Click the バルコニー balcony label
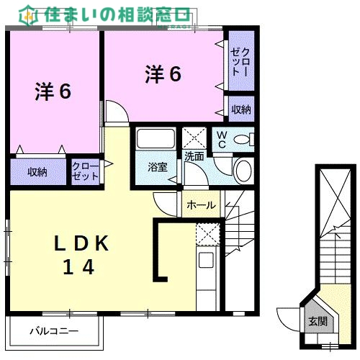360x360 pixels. coord(53,332)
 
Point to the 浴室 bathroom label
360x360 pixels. coord(158,167)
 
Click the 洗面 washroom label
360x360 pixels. coord(193,156)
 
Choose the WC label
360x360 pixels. coord(221,139)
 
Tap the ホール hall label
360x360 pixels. coord(201,205)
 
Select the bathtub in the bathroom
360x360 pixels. coord(155,139)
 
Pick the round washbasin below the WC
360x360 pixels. coord(244,171)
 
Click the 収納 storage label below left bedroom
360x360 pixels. coord(37,172)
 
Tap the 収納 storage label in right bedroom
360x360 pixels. coord(241,109)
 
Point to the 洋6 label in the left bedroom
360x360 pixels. coord(53,92)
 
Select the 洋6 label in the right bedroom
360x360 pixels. coord(163,73)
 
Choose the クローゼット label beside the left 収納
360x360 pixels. coord(86,171)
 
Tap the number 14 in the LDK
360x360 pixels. coord(78,268)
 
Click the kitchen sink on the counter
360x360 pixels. coord(207,261)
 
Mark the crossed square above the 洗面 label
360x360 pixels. coord(193,137)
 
